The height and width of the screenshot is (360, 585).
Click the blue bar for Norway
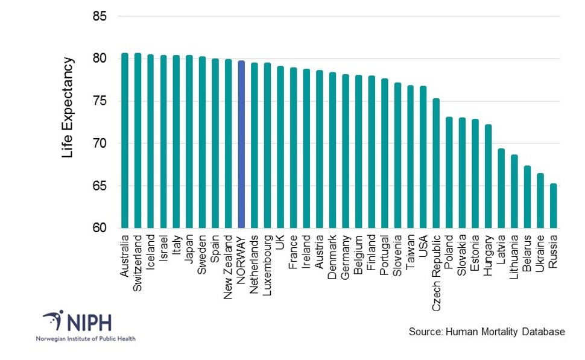click(x=241, y=145)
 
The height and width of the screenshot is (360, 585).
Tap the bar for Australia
click(x=124, y=141)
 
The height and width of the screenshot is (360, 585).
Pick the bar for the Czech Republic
click(x=436, y=163)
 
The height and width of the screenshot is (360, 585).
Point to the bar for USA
click(x=423, y=157)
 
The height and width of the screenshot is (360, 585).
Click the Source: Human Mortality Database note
click(x=487, y=332)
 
